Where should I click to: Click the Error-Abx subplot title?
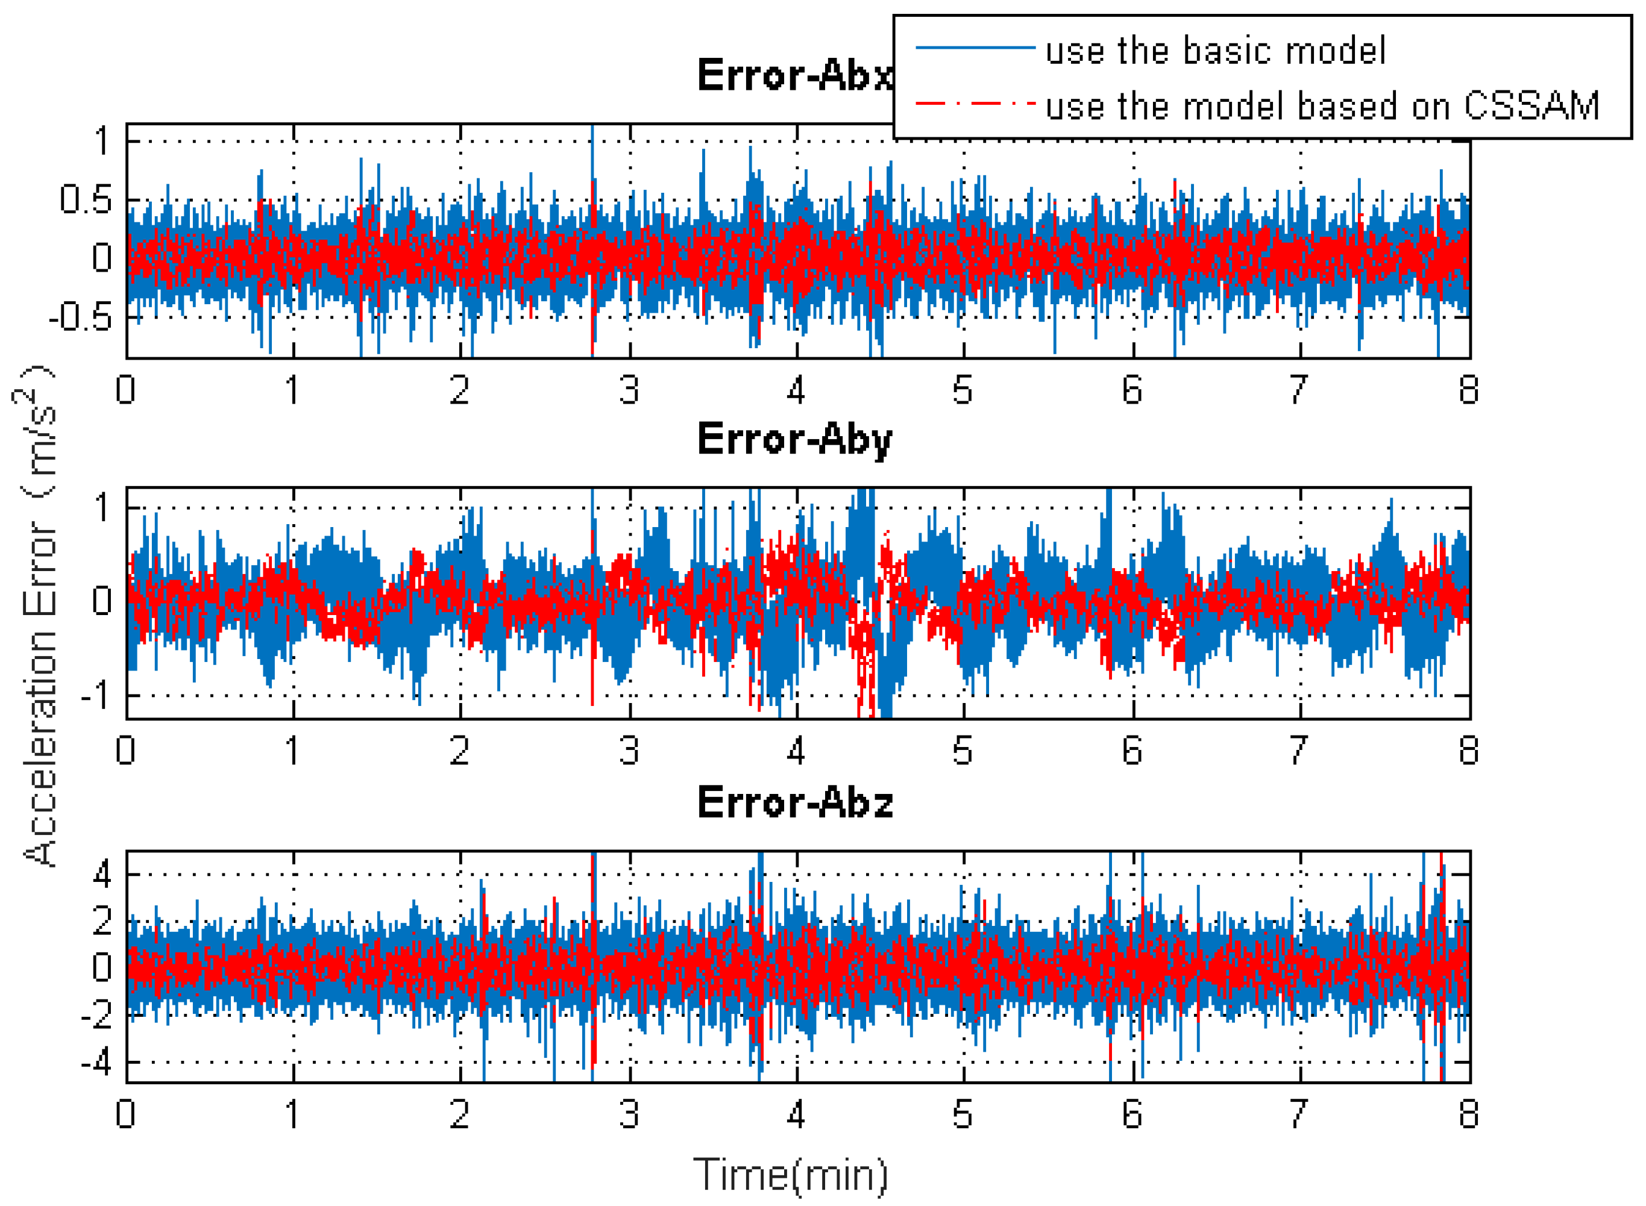(794, 75)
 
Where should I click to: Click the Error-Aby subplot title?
(794, 440)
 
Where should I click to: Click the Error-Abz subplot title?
(794, 803)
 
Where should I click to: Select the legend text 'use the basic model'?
(1215, 51)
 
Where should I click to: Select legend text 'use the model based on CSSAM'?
(1322, 106)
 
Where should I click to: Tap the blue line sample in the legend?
(975, 48)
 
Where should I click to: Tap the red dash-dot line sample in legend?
(975, 104)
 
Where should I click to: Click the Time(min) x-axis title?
(790, 1175)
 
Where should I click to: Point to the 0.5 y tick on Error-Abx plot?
(86, 199)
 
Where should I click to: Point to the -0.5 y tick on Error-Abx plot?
(80, 317)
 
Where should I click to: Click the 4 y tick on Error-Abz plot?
(102, 874)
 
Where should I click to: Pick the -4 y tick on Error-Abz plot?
(96, 1063)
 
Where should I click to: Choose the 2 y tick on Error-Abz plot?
(102, 920)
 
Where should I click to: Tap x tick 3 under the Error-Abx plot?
(629, 390)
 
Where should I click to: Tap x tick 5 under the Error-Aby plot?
(963, 751)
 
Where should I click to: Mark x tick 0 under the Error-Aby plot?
(125, 751)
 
